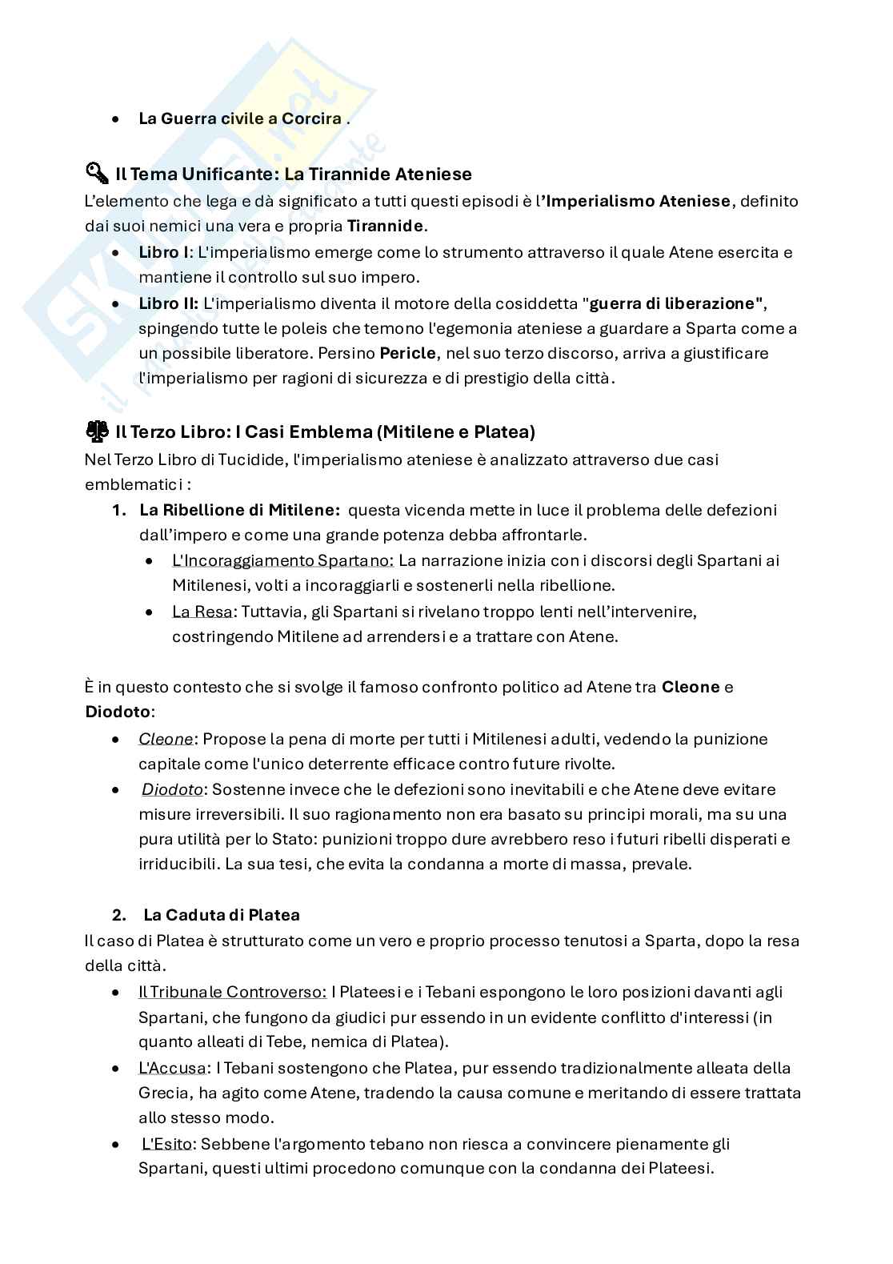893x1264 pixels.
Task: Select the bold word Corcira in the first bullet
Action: click(x=311, y=118)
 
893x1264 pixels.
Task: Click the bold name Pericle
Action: click(x=408, y=353)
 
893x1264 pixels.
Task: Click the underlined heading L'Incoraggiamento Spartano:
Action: click(x=282, y=560)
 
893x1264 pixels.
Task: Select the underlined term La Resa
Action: click(x=202, y=612)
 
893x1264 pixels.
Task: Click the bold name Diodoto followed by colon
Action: click(x=118, y=711)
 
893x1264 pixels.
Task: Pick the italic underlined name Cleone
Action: click(x=166, y=738)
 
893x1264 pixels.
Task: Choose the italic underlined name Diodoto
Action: click(x=172, y=789)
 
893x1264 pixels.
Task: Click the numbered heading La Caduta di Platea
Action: click(x=222, y=914)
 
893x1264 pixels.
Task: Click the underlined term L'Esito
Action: click(x=169, y=1144)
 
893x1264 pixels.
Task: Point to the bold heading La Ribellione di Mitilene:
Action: click(x=240, y=510)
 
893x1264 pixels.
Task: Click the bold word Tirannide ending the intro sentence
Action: click(x=385, y=226)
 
